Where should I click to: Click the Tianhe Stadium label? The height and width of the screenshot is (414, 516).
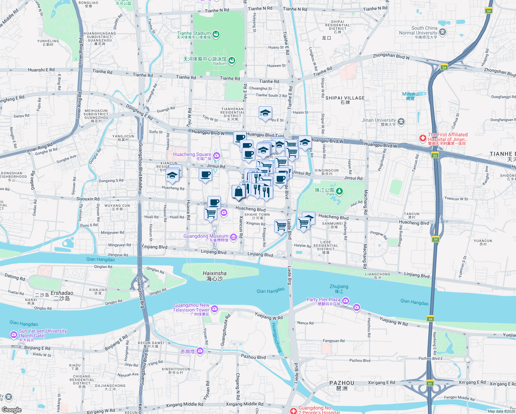click(x=194, y=33)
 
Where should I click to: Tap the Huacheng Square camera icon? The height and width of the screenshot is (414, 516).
click(x=216, y=156)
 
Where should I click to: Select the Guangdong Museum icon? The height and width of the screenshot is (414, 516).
click(x=233, y=237)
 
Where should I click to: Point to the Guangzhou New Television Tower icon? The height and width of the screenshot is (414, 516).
click(x=215, y=308)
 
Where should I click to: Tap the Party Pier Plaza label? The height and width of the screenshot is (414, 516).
click(x=323, y=300)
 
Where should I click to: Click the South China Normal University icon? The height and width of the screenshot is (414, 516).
click(x=442, y=32)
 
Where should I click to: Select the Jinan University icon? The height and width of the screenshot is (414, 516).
click(x=401, y=121)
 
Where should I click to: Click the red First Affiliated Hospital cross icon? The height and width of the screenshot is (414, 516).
click(x=423, y=138)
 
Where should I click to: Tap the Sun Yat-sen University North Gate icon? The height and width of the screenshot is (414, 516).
click(x=13, y=334)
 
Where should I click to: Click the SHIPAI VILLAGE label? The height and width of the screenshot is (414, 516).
click(x=345, y=98)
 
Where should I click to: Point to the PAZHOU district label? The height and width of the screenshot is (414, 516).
click(x=341, y=383)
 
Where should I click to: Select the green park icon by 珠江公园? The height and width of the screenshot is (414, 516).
click(x=339, y=191)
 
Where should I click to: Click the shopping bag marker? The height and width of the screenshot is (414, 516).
click(x=239, y=191)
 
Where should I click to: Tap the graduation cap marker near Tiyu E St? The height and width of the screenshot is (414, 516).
click(x=265, y=113)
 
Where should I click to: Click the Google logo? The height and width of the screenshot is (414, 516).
click(x=11, y=410)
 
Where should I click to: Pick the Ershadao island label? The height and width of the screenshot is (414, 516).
click(x=62, y=293)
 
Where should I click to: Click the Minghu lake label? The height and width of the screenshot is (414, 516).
click(x=410, y=94)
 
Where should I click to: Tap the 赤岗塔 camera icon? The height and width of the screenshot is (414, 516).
click(x=200, y=351)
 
